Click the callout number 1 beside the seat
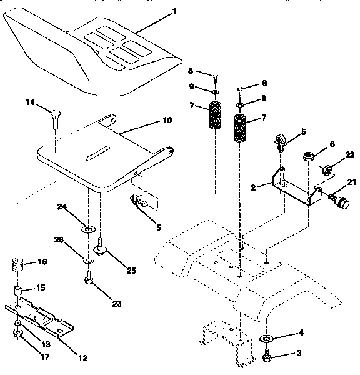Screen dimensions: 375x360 (174, 11)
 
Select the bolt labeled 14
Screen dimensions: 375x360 (54, 117)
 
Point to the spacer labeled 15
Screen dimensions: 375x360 (19, 290)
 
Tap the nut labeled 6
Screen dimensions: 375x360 (308, 156)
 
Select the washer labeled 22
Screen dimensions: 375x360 (326, 169)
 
